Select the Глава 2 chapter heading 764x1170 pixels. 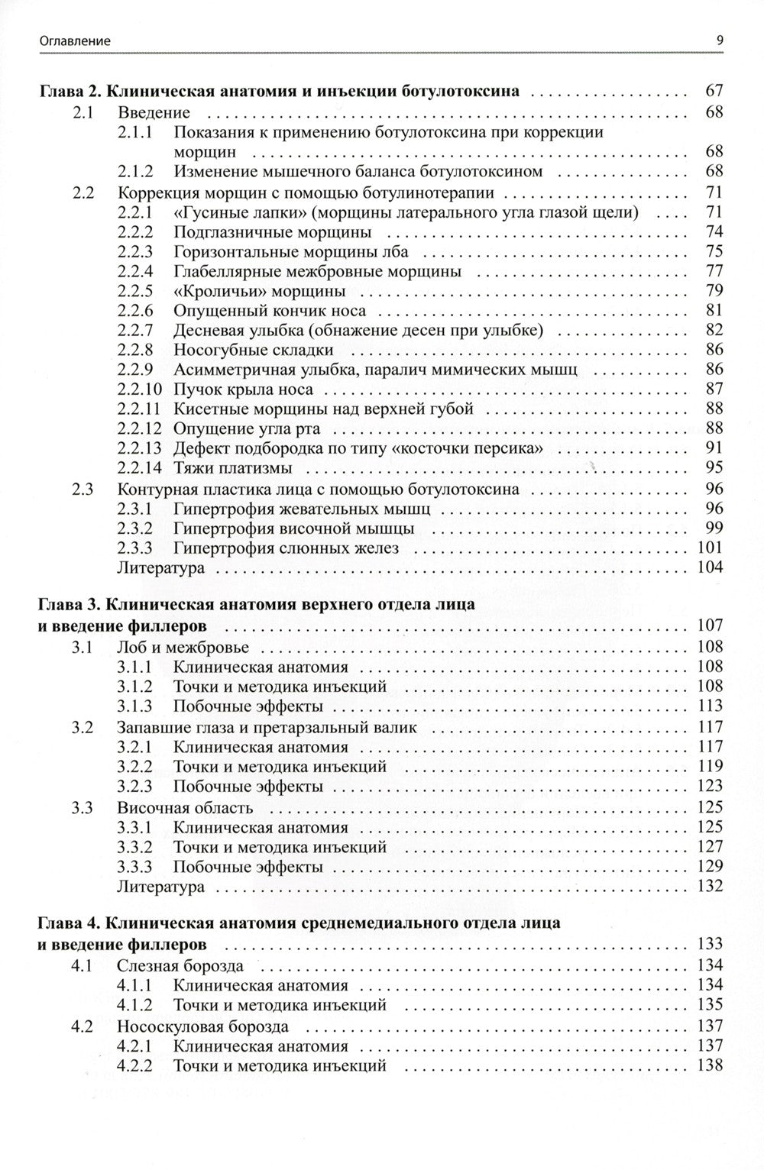[x=279, y=92]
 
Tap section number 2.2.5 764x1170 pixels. [x=136, y=291]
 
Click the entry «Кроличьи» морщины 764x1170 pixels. [x=259, y=291]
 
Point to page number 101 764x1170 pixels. [x=710, y=548]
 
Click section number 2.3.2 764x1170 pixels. [x=136, y=528]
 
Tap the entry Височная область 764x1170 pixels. [x=185, y=807]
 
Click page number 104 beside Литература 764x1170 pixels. [x=710, y=567]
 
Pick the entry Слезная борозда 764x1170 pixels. [x=180, y=966]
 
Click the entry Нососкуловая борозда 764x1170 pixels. [x=202, y=1026]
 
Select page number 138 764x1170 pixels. [x=710, y=1066]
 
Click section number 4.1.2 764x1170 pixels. [x=136, y=1005]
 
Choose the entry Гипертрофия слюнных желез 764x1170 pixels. [x=286, y=548]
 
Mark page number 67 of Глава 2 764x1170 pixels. [x=714, y=92]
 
